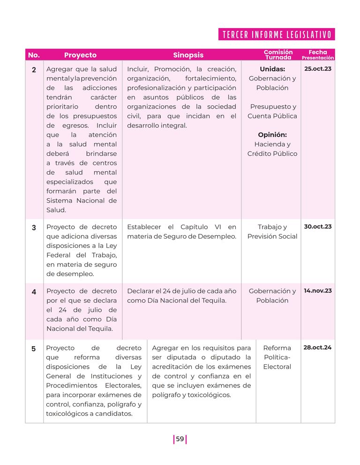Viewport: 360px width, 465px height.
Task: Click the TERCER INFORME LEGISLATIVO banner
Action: click(277, 35)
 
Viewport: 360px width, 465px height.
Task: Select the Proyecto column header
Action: click(80, 55)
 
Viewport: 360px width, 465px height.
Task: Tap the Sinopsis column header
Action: click(188, 55)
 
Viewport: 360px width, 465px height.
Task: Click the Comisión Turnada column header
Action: click(278, 55)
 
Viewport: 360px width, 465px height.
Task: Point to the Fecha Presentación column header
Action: click(318, 55)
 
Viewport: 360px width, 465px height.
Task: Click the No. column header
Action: click(34, 55)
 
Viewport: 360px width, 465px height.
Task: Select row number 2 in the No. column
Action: click(34, 70)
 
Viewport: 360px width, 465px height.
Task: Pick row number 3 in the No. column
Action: click(34, 228)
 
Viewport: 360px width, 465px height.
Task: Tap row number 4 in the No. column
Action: click(34, 292)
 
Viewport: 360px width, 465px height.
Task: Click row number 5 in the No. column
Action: click(34, 349)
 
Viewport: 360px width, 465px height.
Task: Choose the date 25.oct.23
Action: click(318, 69)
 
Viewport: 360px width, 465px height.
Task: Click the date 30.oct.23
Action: click(318, 226)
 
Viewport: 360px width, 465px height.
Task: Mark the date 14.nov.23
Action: click(318, 291)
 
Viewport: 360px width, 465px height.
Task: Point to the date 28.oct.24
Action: click(318, 347)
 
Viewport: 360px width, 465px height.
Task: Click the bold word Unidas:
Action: click(272, 69)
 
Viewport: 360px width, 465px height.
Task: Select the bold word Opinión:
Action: click(272, 135)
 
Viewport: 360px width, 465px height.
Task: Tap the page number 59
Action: click(180, 439)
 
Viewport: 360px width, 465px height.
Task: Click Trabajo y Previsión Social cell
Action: click(272, 232)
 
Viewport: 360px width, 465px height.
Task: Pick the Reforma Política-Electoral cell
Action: click(277, 357)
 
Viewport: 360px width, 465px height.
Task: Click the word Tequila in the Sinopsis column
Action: click(213, 300)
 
